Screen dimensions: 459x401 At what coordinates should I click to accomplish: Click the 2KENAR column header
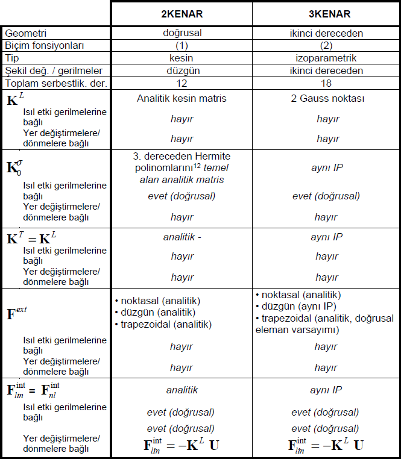coord(182,13)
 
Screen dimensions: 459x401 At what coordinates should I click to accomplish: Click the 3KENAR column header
coord(326,13)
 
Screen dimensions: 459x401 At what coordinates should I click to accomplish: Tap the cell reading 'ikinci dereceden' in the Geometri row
coord(326,34)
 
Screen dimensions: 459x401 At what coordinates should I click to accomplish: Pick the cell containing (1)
coord(182,46)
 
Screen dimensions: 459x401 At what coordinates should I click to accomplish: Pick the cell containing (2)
coord(326,46)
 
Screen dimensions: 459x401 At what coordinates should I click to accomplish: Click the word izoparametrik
coord(326,58)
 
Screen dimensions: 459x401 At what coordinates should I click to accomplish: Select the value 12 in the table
coord(182,83)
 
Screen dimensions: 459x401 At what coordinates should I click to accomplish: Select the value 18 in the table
coord(326,83)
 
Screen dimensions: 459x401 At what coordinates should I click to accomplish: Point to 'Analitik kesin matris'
coord(182,98)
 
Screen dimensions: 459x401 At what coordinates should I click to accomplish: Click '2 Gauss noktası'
coord(326,98)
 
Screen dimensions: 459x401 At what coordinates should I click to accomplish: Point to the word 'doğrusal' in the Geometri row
coord(182,34)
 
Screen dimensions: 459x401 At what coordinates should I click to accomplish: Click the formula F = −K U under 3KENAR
coord(326,446)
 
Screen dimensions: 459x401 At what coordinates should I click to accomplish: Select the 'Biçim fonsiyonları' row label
coord(44,46)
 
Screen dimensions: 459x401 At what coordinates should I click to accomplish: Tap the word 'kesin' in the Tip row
coord(182,58)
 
